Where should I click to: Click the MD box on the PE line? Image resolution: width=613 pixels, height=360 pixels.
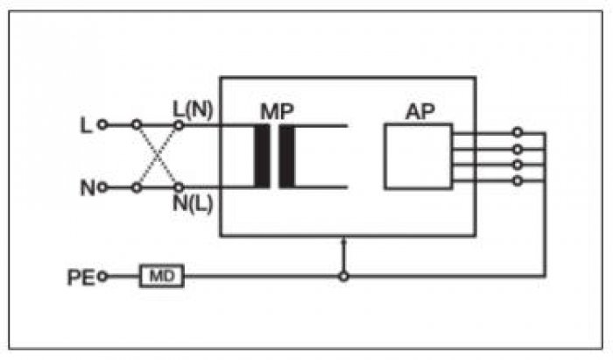pos(162,277)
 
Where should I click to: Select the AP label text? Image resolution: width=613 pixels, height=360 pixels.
pos(420,113)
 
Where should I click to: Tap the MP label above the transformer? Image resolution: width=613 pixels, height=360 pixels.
pos(277,112)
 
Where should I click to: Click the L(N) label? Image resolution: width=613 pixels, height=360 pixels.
pos(194,110)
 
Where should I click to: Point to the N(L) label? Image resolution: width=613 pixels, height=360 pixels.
pos(194,203)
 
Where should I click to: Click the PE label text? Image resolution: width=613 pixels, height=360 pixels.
pos(81,278)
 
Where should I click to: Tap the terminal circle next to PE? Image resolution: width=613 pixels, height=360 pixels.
pos(102,277)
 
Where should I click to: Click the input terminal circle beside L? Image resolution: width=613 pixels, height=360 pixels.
pos(102,124)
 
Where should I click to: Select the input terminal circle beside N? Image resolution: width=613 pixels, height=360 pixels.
pos(102,187)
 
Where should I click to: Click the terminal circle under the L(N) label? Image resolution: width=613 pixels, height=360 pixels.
pos(179,125)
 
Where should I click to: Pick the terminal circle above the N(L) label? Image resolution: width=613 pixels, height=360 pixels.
pos(179,187)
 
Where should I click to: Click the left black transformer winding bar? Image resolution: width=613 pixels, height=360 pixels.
pos(262,157)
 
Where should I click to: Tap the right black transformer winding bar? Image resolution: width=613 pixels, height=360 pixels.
pos(287,157)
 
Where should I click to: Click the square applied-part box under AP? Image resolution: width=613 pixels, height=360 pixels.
pos(419,157)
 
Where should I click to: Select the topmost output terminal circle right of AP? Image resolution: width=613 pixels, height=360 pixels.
pos(518,132)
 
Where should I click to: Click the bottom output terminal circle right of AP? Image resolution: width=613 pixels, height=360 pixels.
pos(518,180)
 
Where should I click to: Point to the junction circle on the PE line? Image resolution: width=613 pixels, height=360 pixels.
pos(343,277)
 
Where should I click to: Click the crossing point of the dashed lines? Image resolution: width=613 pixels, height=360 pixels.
pos(157,157)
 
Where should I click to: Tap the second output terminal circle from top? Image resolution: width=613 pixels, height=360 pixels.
pos(518,149)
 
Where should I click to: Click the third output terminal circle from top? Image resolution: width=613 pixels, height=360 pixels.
pos(518,165)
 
